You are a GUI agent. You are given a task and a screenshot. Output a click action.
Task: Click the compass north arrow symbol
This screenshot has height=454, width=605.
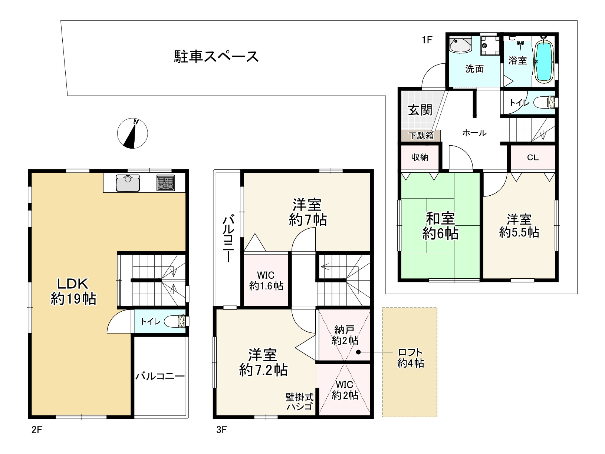(132, 133)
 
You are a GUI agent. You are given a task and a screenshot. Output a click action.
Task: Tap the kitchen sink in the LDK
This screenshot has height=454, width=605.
(128, 183)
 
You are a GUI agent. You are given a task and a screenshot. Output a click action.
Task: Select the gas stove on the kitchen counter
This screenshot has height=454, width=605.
(166, 183)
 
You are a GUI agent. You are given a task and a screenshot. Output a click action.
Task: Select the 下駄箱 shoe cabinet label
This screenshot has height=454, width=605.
(421, 136)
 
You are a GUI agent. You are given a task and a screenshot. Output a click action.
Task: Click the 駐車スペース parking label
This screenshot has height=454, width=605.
(216, 56)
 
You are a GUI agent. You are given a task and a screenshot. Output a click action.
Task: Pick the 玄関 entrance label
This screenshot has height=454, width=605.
(420, 110)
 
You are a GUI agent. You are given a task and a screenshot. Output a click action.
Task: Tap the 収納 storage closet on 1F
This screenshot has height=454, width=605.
(420, 157)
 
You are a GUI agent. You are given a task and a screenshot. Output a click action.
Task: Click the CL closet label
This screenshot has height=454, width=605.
(533, 158)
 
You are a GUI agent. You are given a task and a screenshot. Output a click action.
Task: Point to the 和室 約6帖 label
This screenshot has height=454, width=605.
(440, 226)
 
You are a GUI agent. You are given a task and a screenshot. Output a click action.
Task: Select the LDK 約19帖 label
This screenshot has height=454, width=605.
(73, 291)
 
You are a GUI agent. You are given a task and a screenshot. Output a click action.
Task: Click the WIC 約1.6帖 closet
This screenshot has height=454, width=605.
(266, 280)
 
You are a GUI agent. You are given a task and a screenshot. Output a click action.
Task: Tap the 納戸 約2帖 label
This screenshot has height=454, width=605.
(345, 335)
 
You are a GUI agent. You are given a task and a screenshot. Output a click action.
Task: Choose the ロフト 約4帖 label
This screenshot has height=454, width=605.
(410, 358)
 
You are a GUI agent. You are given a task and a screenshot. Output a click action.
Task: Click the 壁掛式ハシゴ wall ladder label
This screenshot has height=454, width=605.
(300, 402)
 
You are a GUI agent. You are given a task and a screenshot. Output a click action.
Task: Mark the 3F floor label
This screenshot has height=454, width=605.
(221, 430)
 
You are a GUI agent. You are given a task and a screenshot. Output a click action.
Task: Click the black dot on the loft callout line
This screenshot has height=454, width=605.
(358, 352)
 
